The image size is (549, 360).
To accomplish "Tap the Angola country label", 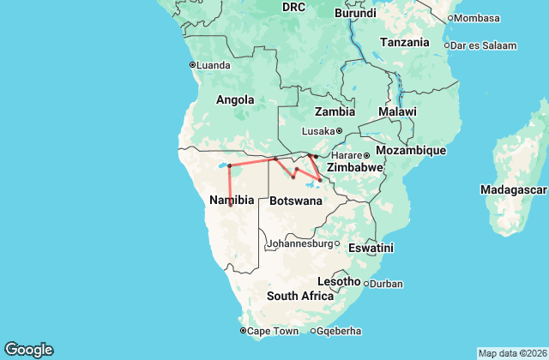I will coord(235,100).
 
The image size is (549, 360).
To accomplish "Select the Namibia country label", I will coord(231,200).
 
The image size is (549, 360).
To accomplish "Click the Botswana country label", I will coord(296,201).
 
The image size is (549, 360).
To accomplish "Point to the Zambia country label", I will coord(335,112).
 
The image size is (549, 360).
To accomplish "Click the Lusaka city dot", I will coord(339,131).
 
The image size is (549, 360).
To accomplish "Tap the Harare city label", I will coord(346,155).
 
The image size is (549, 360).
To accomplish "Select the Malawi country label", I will coord(397,112).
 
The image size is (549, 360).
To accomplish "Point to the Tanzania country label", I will coord(406,42).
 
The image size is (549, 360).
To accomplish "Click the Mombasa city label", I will coord(477,18).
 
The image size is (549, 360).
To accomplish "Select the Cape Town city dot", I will coord(244,331).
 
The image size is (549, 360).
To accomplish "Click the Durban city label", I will coord(386,284).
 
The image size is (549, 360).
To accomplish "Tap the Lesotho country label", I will coord(338,281).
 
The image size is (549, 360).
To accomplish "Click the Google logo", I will coord(28,350).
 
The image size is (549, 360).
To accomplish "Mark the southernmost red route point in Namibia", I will coord(230,205).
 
